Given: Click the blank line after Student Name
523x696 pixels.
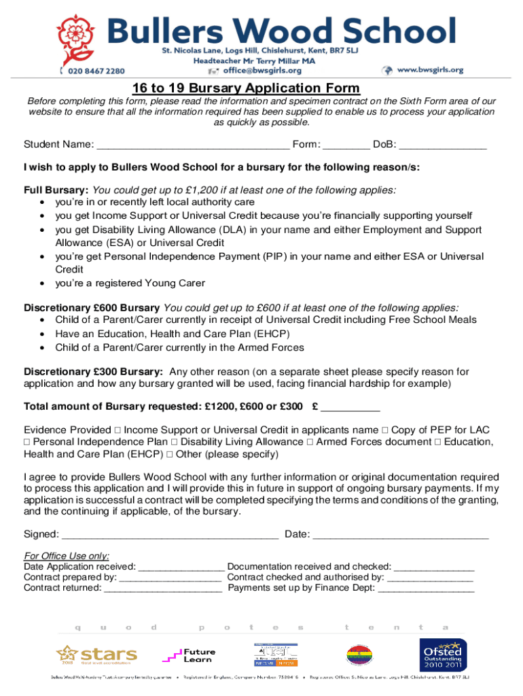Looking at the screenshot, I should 193,145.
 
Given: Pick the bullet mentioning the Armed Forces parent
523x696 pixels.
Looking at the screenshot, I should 179,347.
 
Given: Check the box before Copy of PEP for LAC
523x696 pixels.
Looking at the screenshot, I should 385,430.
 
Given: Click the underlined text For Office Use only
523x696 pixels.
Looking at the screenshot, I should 67,555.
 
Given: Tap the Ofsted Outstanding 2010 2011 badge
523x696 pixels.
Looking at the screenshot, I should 442,656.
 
